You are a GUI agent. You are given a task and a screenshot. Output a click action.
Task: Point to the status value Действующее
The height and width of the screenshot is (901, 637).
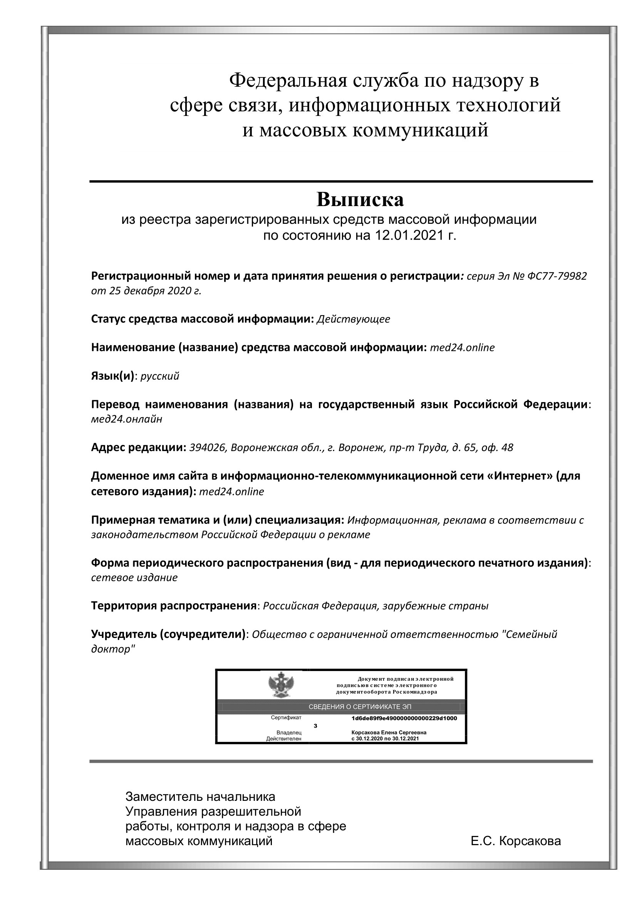coord(353,319)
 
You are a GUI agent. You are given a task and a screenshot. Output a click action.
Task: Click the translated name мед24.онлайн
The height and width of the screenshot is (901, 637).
coord(127,419)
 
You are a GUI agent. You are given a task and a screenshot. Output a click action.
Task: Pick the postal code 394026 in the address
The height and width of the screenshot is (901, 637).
coord(208,447)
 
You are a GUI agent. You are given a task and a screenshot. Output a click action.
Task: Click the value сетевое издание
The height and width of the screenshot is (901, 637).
coord(134,577)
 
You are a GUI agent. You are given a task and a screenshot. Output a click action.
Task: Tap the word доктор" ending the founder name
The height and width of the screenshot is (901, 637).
coord(113,649)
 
